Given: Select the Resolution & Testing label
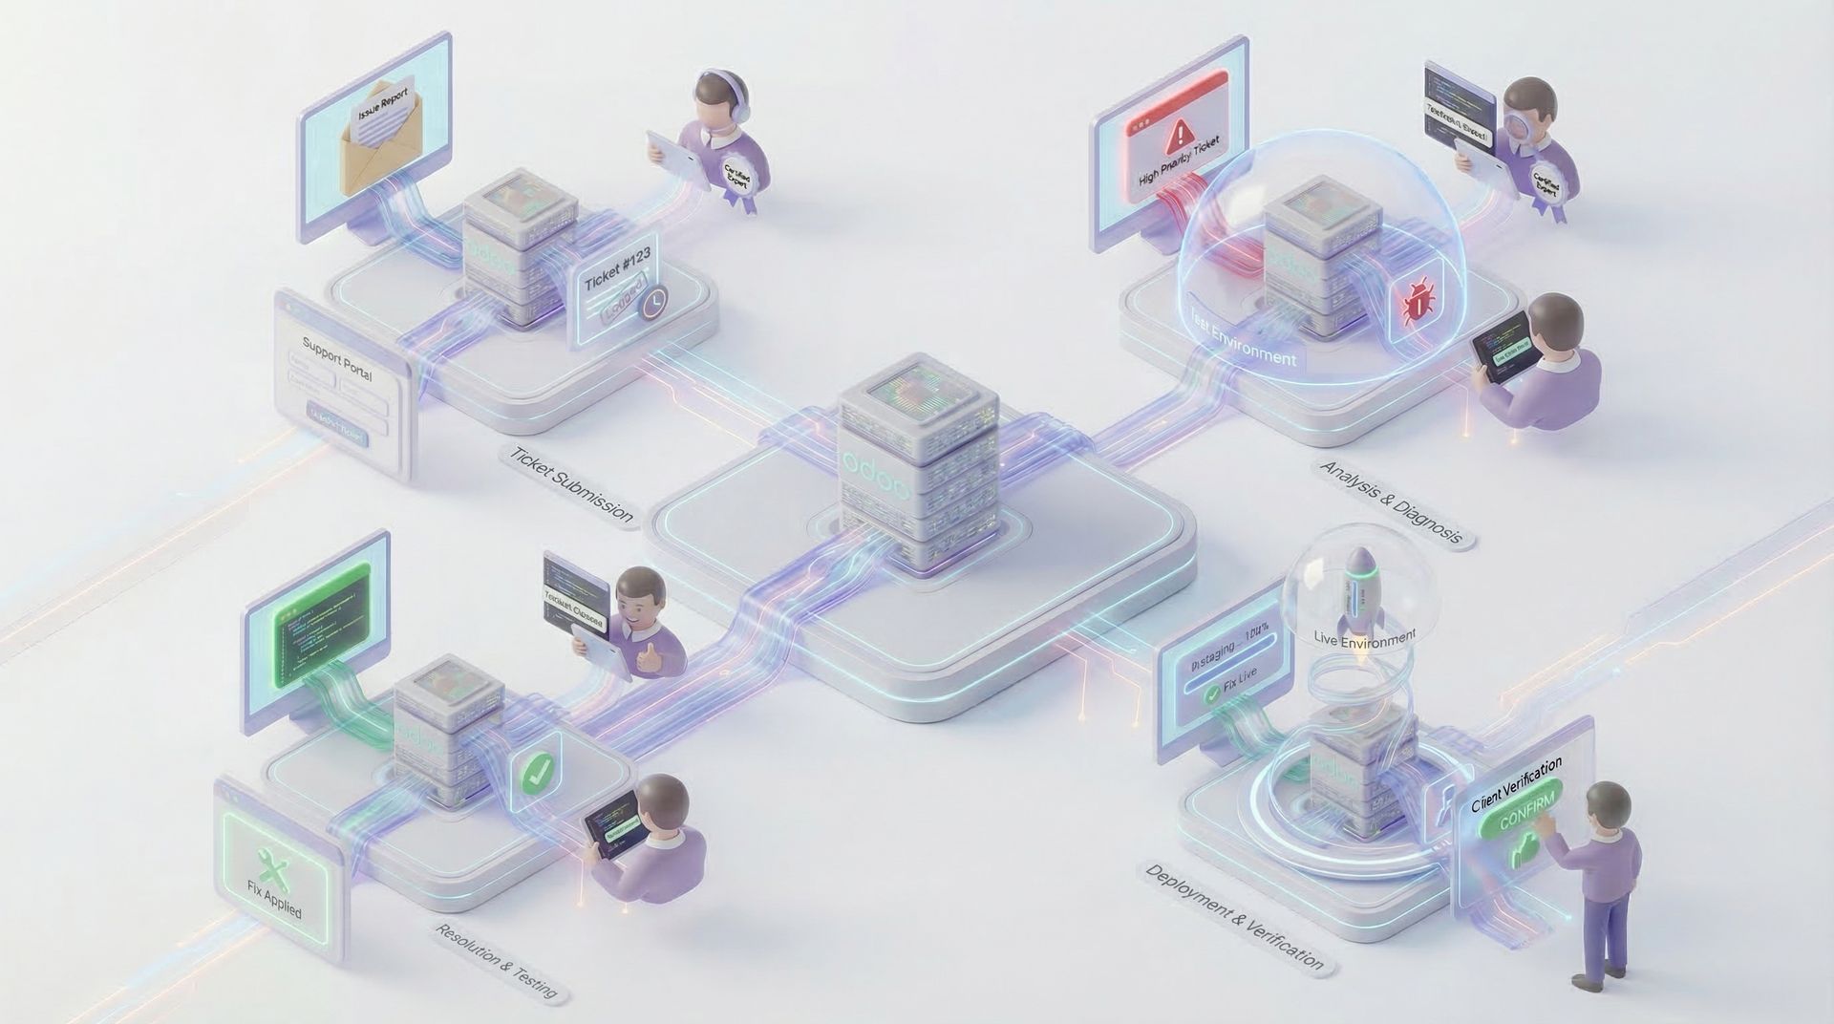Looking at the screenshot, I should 497,961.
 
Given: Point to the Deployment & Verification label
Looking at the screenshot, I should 1234,916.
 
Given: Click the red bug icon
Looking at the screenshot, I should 1418,303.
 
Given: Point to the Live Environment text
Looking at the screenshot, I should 1364,637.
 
